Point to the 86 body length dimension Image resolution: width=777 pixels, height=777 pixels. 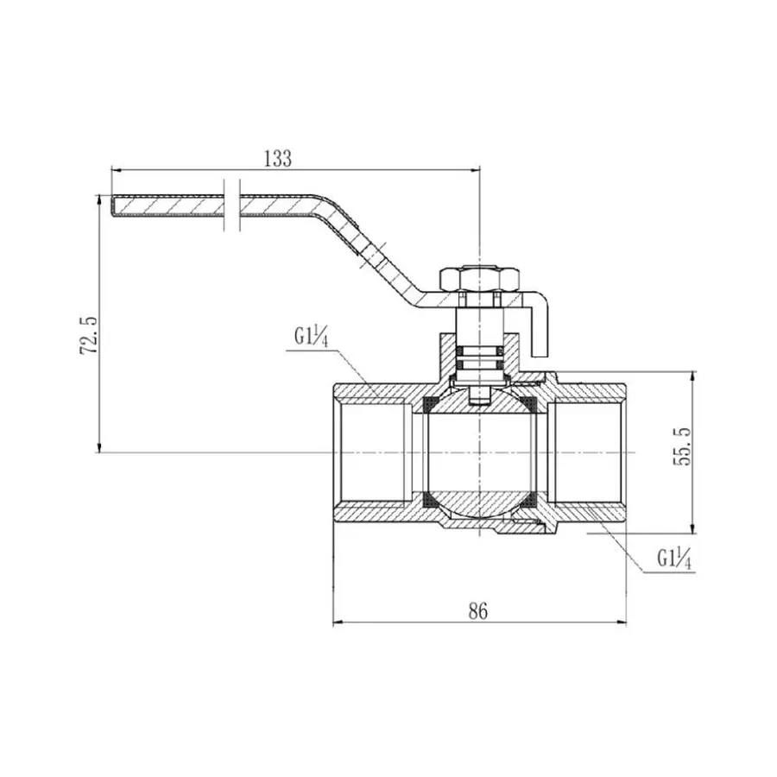(478, 610)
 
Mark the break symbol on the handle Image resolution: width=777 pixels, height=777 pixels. (231, 205)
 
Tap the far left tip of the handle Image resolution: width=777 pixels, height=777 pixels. (114, 207)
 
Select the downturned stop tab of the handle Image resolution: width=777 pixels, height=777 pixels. (540, 328)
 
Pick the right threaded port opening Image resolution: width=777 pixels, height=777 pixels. (589, 452)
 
